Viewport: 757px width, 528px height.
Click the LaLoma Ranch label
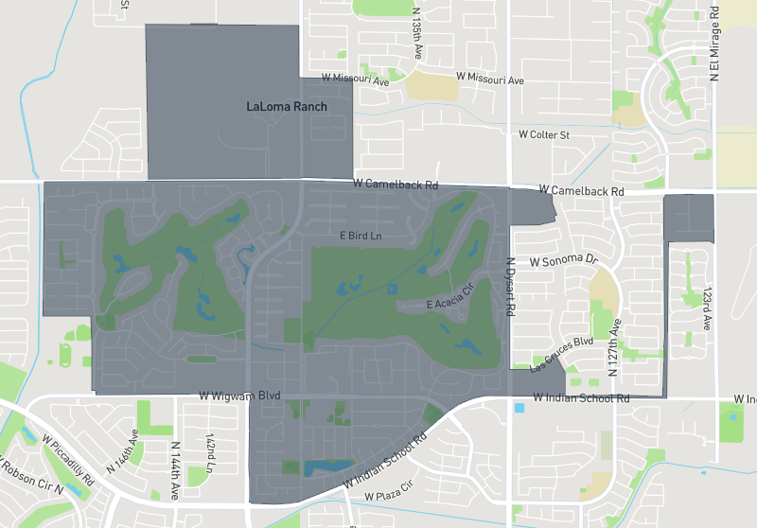286,107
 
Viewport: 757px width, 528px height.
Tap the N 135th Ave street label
416,37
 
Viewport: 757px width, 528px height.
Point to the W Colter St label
544,135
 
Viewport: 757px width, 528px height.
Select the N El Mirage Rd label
715,44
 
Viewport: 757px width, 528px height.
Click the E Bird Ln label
361,235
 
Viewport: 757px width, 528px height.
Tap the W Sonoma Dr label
565,259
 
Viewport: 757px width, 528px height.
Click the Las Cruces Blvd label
561,354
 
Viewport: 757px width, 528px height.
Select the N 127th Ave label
613,349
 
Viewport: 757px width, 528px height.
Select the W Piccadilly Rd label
68,460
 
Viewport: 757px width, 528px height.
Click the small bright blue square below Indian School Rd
519,408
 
